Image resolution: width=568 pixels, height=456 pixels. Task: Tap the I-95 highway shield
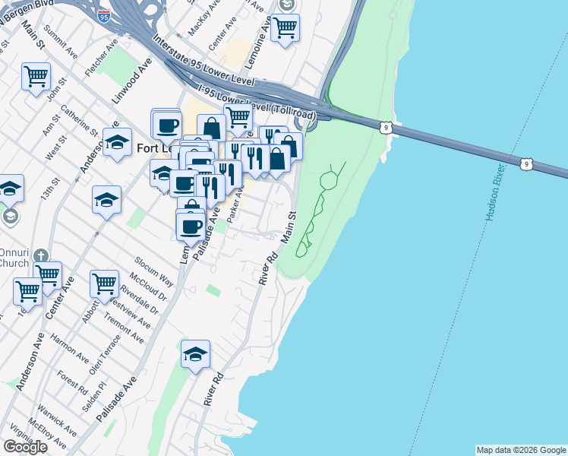click(x=104, y=14)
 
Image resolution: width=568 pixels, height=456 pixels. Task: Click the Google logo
click(x=25, y=447)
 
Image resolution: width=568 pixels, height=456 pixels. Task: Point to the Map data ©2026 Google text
click(x=521, y=450)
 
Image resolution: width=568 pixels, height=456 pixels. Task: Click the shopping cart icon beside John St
click(x=36, y=77)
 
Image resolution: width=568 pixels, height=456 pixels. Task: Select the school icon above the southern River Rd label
click(x=195, y=354)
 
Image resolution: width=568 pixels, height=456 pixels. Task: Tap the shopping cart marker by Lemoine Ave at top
click(x=285, y=27)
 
